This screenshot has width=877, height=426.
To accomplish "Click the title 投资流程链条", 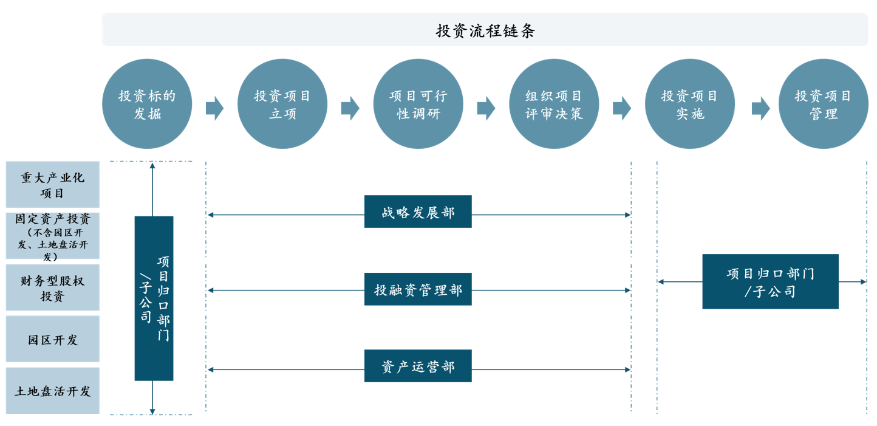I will pos(485,30).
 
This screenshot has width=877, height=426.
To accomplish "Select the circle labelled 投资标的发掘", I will pos(147,104).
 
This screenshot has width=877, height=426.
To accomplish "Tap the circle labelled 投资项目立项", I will pos(282,104).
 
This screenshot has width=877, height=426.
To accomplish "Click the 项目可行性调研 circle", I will pos(418,104).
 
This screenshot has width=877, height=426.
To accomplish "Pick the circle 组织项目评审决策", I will pos(554,104).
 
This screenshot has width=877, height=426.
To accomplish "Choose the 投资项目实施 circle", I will pos(689,104).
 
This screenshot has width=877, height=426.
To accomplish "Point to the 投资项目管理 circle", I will pos(823,104).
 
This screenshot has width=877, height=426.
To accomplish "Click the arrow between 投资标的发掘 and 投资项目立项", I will pos(214,108).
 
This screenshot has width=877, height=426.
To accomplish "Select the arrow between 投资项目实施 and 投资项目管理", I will pos(760,108).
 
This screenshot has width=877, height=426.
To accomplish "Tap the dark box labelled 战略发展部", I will pos(418,211).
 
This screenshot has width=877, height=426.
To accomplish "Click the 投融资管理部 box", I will pos(418,289).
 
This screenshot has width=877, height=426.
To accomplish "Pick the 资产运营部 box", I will pos(418,366).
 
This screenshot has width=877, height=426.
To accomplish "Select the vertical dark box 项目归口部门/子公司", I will pos(154,298).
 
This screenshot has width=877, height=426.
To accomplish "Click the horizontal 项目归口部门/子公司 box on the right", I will pos(770,281).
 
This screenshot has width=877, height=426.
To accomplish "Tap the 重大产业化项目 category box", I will pos(52,185).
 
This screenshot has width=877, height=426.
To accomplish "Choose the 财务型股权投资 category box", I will pos(52,287).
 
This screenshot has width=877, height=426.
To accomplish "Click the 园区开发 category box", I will pos(52,339).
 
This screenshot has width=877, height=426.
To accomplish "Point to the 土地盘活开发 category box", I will pos(52,391).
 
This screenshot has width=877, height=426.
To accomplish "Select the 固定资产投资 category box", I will pos(52,236).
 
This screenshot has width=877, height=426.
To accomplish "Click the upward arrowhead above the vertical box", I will pos(152,166).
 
